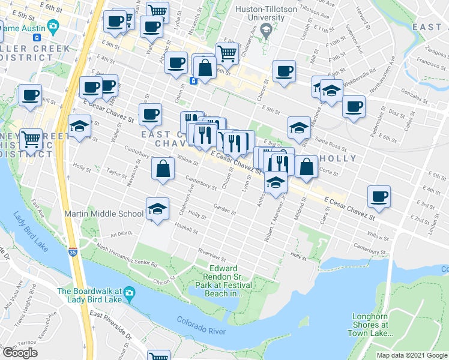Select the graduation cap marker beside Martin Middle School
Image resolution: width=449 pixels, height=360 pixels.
click(x=157, y=209)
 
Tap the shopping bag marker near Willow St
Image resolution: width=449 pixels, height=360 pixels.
click(x=163, y=169)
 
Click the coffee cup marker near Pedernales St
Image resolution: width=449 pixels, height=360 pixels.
click(x=354, y=107)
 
